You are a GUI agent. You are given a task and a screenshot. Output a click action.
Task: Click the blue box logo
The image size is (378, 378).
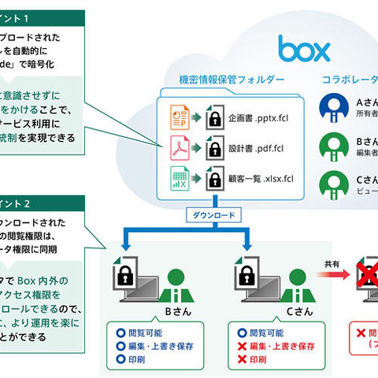[x=303, y=48]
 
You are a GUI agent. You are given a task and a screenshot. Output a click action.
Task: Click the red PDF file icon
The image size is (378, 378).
[x=179, y=147]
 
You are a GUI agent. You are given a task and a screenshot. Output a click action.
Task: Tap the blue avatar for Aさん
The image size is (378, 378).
[x=335, y=110]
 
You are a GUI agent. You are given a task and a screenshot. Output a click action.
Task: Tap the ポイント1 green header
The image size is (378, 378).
[x=31, y=16]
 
